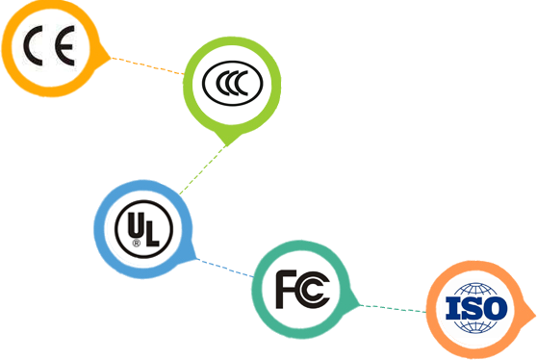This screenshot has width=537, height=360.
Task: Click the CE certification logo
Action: pyautogui.click(x=49, y=45)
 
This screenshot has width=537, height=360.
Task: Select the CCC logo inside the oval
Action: pyautogui.click(x=233, y=83)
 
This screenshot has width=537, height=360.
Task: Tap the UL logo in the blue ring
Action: pyautogui.click(x=143, y=229)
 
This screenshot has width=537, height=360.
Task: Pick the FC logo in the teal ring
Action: pyautogui.click(x=303, y=289)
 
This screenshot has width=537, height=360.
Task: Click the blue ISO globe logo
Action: pyautogui.click(x=476, y=308)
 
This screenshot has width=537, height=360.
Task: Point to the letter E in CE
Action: pyautogui.click(x=65, y=45)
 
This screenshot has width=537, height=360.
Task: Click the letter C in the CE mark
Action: pyautogui.click(x=33, y=45)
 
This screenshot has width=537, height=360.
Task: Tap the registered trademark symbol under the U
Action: pyautogui.click(x=137, y=244)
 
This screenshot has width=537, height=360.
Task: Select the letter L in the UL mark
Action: pyautogui.click(x=151, y=232)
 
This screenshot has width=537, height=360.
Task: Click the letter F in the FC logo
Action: pyautogui.click(x=286, y=289)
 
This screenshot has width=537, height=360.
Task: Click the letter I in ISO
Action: pyautogui.click(x=452, y=308)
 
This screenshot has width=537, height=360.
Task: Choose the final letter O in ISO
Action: pyautogui.click(x=496, y=308)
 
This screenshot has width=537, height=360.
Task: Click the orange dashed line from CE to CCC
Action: pyautogui.click(x=147, y=65)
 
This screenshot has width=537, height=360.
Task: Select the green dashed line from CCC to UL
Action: pyautogui.click(x=203, y=170)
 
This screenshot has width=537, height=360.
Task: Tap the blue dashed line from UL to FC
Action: pyautogui.click(x=225, y=268)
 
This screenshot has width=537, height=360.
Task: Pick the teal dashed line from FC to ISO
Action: pyautogui.click(x=394, y=308)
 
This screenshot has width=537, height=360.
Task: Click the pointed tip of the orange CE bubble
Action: pyautogui.click(x=111, y=58)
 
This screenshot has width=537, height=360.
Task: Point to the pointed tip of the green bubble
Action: pyautogui.click(x=227, y=145)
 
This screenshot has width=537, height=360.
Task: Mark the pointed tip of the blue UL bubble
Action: pyautogui.click(x=196, y=258)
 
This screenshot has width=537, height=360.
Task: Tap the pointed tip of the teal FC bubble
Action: pyautogui.click(x=360, y=304)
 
